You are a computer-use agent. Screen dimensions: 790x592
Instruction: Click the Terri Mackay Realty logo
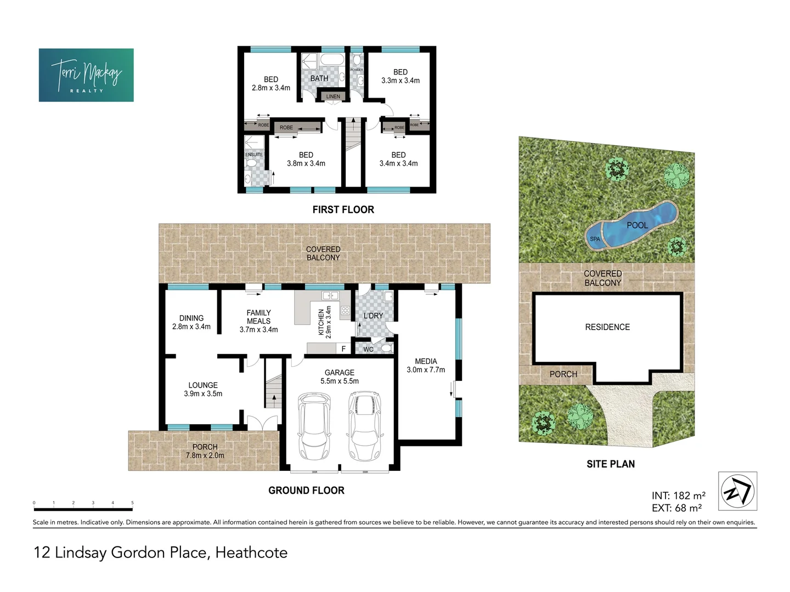[x=86, y=75]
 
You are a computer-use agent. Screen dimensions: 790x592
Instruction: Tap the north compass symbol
[x=737, y=491]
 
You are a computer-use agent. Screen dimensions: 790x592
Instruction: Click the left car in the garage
[x=313, y=427]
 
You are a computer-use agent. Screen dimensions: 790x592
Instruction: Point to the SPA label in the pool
[x=595, y=239]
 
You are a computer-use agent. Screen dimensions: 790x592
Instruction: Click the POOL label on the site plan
[x=637, y=225]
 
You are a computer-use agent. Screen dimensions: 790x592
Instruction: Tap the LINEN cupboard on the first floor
[x=333, y=96]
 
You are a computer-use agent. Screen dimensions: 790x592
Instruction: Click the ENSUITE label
[x=254, y=155]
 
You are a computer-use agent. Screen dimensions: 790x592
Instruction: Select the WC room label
[x=368, y=349]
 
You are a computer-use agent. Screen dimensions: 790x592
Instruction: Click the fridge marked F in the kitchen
[x=344, y=349]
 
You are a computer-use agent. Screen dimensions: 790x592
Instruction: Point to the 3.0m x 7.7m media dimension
[x=426, y=370]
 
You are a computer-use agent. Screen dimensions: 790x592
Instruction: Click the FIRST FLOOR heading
[x=343, y=209]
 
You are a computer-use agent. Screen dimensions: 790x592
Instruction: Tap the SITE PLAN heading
[x=611, y=464]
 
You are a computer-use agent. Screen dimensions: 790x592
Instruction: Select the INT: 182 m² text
[x=678, y=496]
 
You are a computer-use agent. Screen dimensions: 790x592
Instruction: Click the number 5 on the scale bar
[x=132, y=503]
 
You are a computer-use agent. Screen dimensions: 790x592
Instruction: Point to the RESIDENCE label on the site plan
[x=607, y=327]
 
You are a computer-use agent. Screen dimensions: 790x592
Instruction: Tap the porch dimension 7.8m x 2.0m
[x=205, y=456]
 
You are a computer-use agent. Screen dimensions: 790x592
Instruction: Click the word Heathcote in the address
[x=251, y=552]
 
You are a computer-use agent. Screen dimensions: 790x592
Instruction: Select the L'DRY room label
[x=373, y=316]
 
